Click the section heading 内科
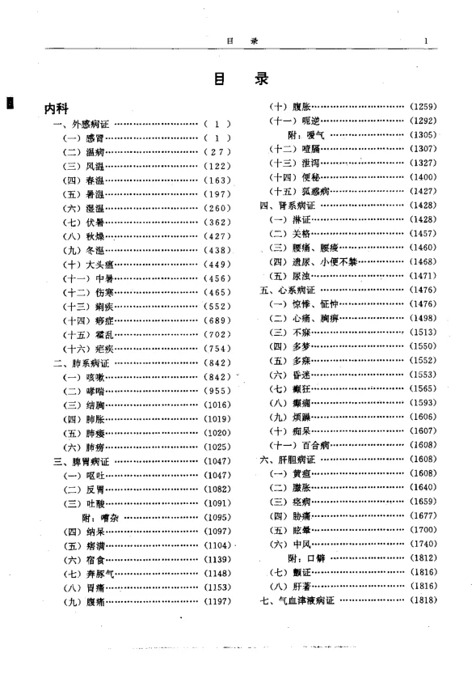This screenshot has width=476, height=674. [59, 108]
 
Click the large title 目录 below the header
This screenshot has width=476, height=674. [239, 79]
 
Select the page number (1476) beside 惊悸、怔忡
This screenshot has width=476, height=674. [423, 303]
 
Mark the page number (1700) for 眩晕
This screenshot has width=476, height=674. [423, 530]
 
